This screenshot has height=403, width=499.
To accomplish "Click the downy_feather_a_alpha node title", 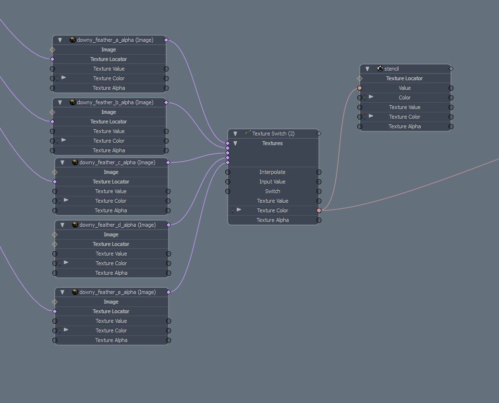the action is (115, 40).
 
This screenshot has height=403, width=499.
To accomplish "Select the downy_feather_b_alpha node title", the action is (115, 102).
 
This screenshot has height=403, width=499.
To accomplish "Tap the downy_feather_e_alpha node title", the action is (118, 292).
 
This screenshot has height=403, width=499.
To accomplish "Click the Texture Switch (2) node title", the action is (273, 134).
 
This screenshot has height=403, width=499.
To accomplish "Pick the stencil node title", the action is (391, 68).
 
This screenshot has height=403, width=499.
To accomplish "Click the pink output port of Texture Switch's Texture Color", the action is (319, 210).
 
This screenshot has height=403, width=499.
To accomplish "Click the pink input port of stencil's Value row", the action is (360, 88).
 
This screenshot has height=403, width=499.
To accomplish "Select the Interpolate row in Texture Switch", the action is (272, 172).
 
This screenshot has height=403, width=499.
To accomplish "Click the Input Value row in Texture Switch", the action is (272, 182).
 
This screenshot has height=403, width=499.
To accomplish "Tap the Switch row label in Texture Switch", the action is (273, 191).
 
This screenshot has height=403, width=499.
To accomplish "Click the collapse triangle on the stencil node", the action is (367, 69).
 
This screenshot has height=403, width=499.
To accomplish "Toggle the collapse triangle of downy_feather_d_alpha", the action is (62, 225).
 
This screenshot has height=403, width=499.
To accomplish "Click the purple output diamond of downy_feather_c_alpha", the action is (168, 162).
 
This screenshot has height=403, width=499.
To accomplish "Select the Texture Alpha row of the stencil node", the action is (405, 126).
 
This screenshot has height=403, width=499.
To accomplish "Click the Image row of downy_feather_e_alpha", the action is (111, 302).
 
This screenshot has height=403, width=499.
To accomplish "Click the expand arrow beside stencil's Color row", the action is (371, 97).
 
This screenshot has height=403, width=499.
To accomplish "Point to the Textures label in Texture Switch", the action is (272, 143).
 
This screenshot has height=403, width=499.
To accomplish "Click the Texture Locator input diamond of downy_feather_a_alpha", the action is (52, 59).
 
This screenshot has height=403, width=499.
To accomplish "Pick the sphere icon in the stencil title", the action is (380, 68).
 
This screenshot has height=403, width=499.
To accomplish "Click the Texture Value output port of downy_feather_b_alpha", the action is (166, 131).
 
